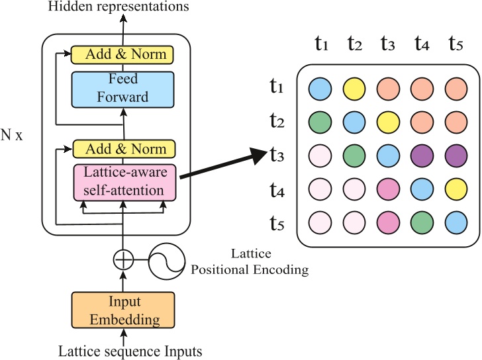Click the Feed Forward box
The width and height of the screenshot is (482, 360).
point(122,88)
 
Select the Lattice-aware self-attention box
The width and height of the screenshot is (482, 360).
point(124,182)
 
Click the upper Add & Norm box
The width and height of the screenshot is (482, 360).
point(122,54)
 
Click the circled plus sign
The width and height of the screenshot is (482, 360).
point(122,260)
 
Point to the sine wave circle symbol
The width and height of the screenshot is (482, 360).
point(165,260)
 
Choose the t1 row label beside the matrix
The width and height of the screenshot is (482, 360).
point(278,87)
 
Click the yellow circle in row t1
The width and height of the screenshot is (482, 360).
point(355,88)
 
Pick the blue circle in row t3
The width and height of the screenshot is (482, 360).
point(389,154)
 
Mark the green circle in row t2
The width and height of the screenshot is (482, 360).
point(320,121)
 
